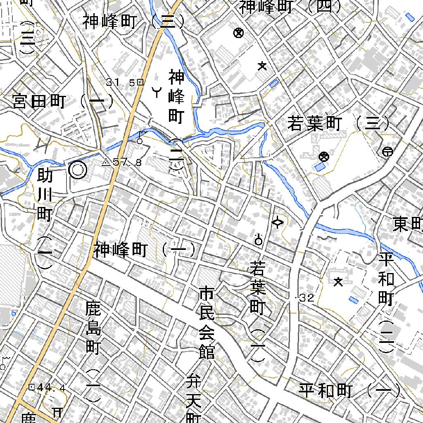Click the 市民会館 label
click(x=206, y=322)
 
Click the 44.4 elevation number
click(x=51, y=387)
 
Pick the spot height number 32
click(x=308, y=298)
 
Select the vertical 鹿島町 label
click(x=93, y=328)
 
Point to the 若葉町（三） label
click(x=338, y=124)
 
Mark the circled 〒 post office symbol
click(x=387, y=152)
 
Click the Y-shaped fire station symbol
click(x=157, y=92)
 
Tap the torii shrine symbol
click(x=57, y=412)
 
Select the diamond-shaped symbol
click(x=278, y=223)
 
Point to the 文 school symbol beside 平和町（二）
click(x=338, y=282)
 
